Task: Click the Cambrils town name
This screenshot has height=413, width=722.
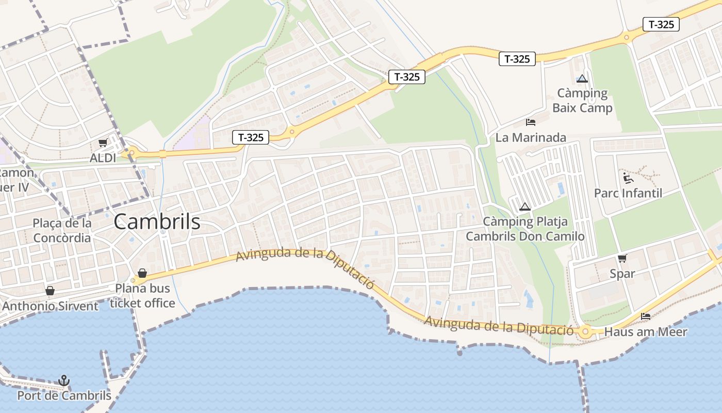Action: (157, 222)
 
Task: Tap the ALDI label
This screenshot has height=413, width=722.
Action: (103, 158)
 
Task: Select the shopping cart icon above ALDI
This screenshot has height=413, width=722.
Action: (103, 143)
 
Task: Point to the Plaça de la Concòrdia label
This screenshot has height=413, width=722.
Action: (62, 231)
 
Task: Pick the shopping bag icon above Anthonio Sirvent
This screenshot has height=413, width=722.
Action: (50, 291)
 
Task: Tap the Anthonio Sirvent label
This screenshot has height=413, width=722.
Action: (50, 306)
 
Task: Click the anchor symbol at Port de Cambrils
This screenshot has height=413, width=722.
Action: (64, 381)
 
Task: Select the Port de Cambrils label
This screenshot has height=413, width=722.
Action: (64, 396)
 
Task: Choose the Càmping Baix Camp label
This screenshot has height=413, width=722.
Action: (582, 101)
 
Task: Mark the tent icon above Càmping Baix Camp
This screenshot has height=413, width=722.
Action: (582, 79)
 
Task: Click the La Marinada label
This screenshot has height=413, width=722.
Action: (531, 138)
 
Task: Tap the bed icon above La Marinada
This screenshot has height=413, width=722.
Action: (531, 122)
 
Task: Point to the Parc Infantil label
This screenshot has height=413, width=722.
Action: (628, 193)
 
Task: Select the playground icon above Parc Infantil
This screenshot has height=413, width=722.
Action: (628, 178)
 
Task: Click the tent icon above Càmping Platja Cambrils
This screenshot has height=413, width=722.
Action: (525, 207)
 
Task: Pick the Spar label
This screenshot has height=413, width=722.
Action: (622, 274)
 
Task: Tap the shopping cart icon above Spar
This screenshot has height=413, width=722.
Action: (622, 258)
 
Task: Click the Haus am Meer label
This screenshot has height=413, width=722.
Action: (646, 332)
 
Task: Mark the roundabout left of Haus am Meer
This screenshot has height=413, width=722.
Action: (585, 332)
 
